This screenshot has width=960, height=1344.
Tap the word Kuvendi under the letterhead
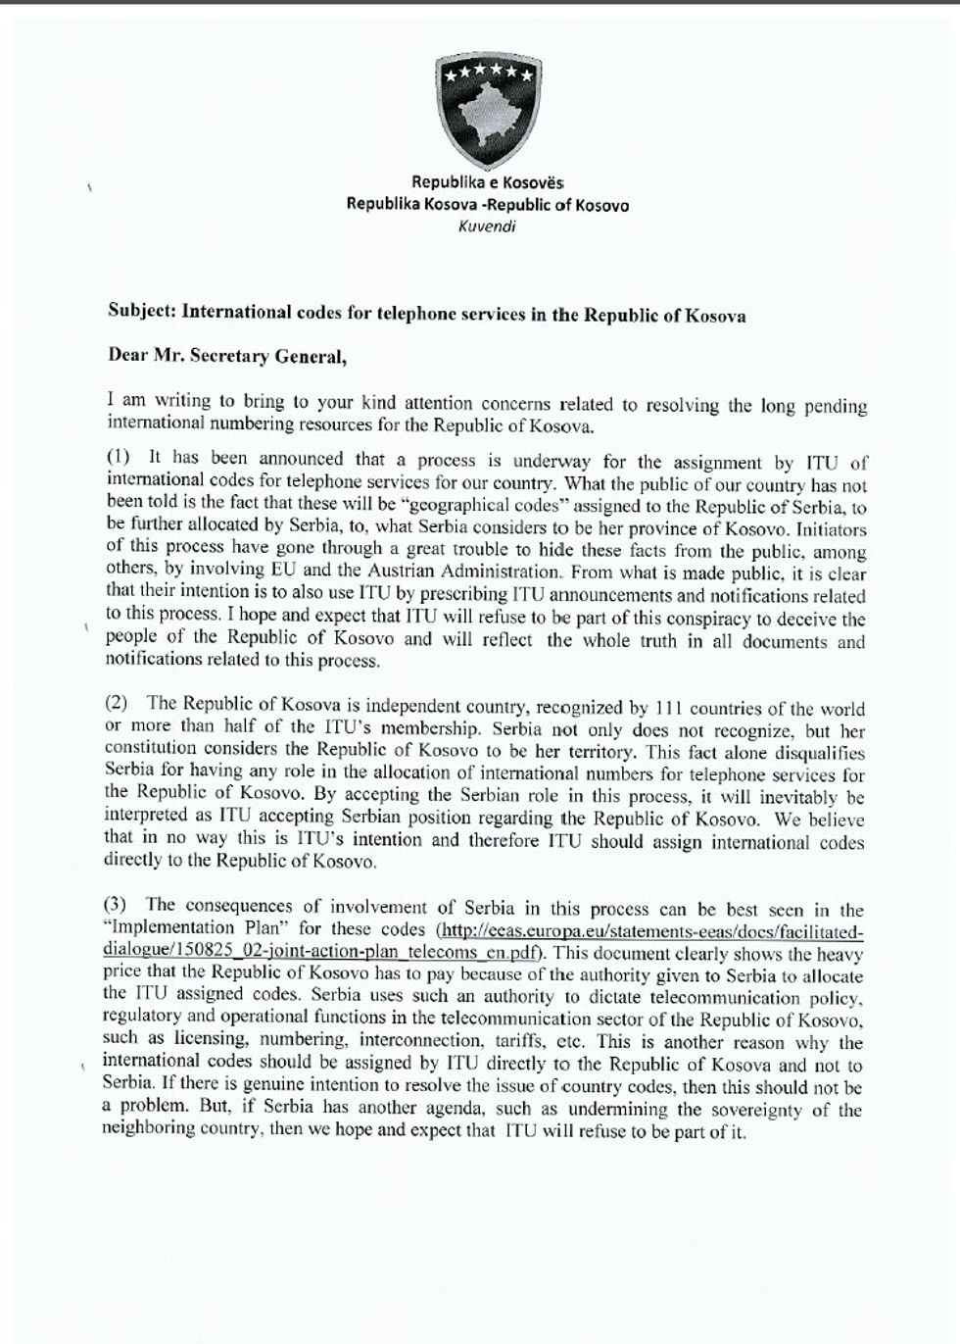(x=487, y=226)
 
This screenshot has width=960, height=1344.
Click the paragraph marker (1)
(x=118, y=457)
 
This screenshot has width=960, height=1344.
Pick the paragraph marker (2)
(x=117, y=703)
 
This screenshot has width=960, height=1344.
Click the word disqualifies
(x=821, y=753)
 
